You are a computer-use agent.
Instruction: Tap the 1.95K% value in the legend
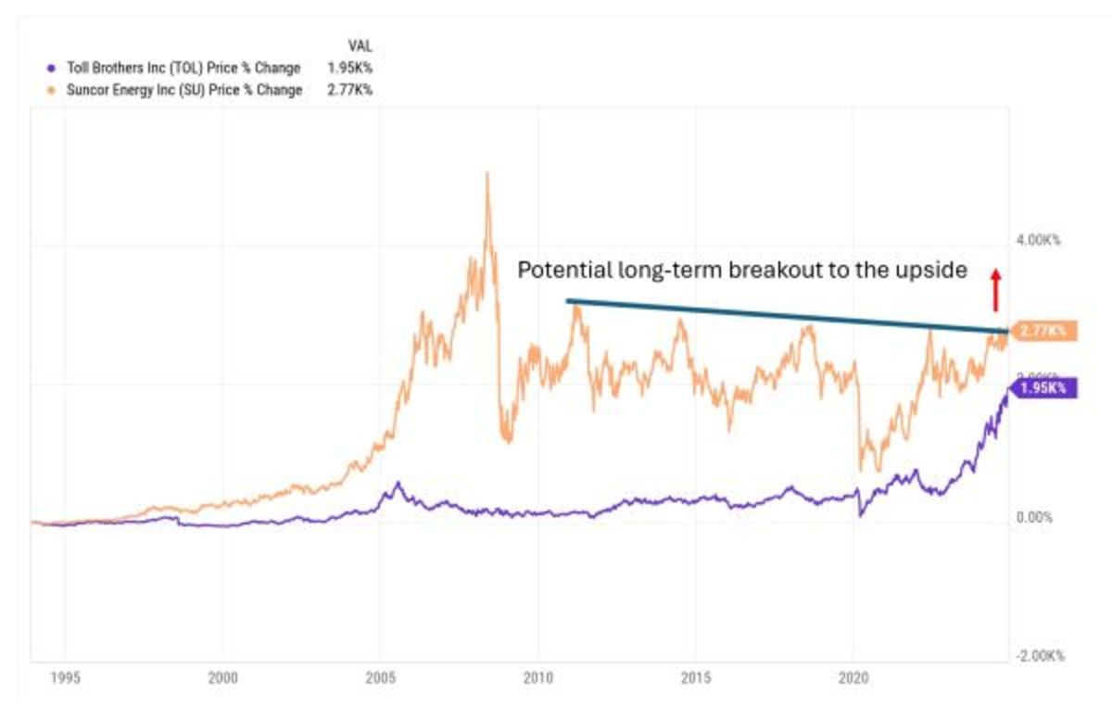point(349,68)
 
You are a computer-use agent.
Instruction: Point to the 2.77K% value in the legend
point(349,90)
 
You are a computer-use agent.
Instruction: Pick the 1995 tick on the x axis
point(64,678)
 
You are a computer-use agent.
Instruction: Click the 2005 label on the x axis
point(380,678)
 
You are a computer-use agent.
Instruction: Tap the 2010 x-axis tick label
point(537,678)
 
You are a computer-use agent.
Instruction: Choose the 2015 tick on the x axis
point(695,678)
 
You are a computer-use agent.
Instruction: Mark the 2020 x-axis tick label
point(853,678)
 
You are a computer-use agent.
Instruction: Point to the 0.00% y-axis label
point(1035,517)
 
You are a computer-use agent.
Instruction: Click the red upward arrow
point(995,289)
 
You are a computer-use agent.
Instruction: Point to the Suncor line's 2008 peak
point(487,174)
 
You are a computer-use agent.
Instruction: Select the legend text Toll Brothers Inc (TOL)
point(140,68)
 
